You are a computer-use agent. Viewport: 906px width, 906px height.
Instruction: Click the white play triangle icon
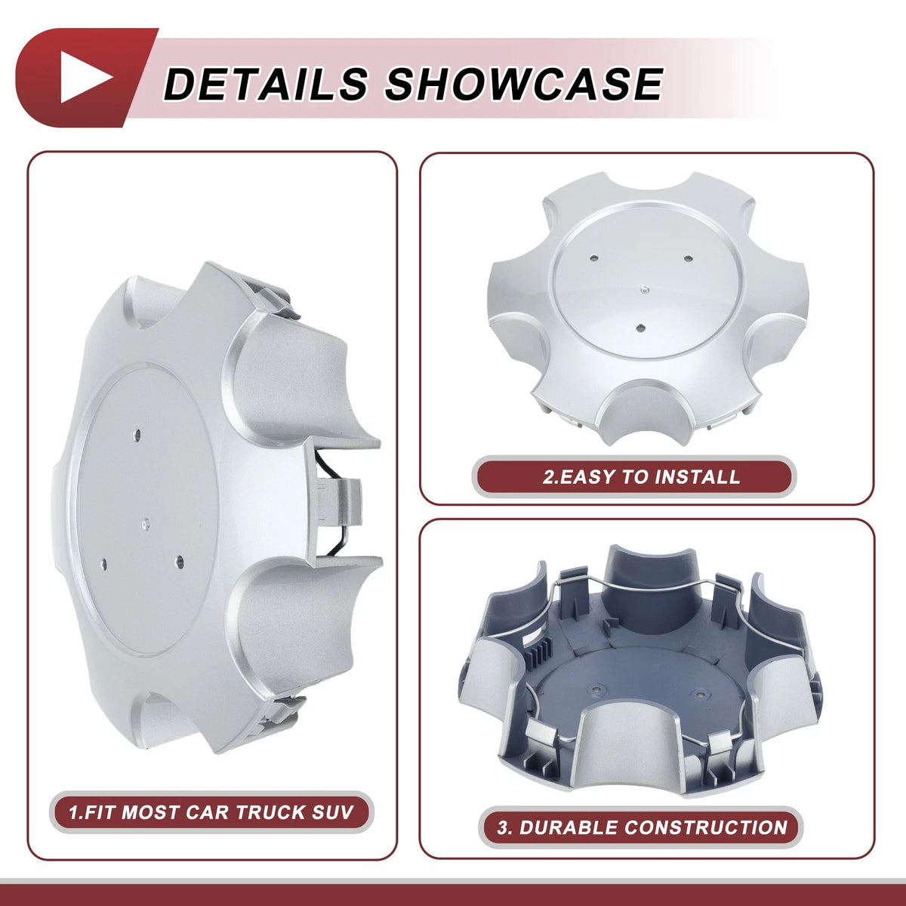coord(84,77)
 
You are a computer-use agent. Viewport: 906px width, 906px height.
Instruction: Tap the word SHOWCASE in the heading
coord(524,84)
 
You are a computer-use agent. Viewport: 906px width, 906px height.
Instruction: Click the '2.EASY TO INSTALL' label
coord(641,476)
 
